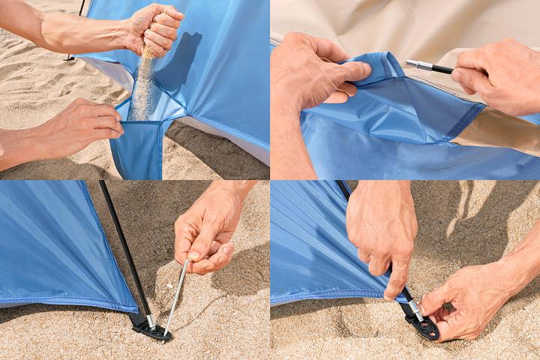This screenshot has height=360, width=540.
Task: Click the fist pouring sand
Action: click(x=154, y=28)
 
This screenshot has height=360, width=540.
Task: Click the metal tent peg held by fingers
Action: click(x=176, y=296)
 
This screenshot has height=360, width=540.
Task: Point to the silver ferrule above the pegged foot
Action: click(x=150, y=319)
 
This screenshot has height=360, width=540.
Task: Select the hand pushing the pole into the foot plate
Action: click(x=382, y=232)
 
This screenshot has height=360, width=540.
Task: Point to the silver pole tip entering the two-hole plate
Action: click(x=416, y=309)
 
